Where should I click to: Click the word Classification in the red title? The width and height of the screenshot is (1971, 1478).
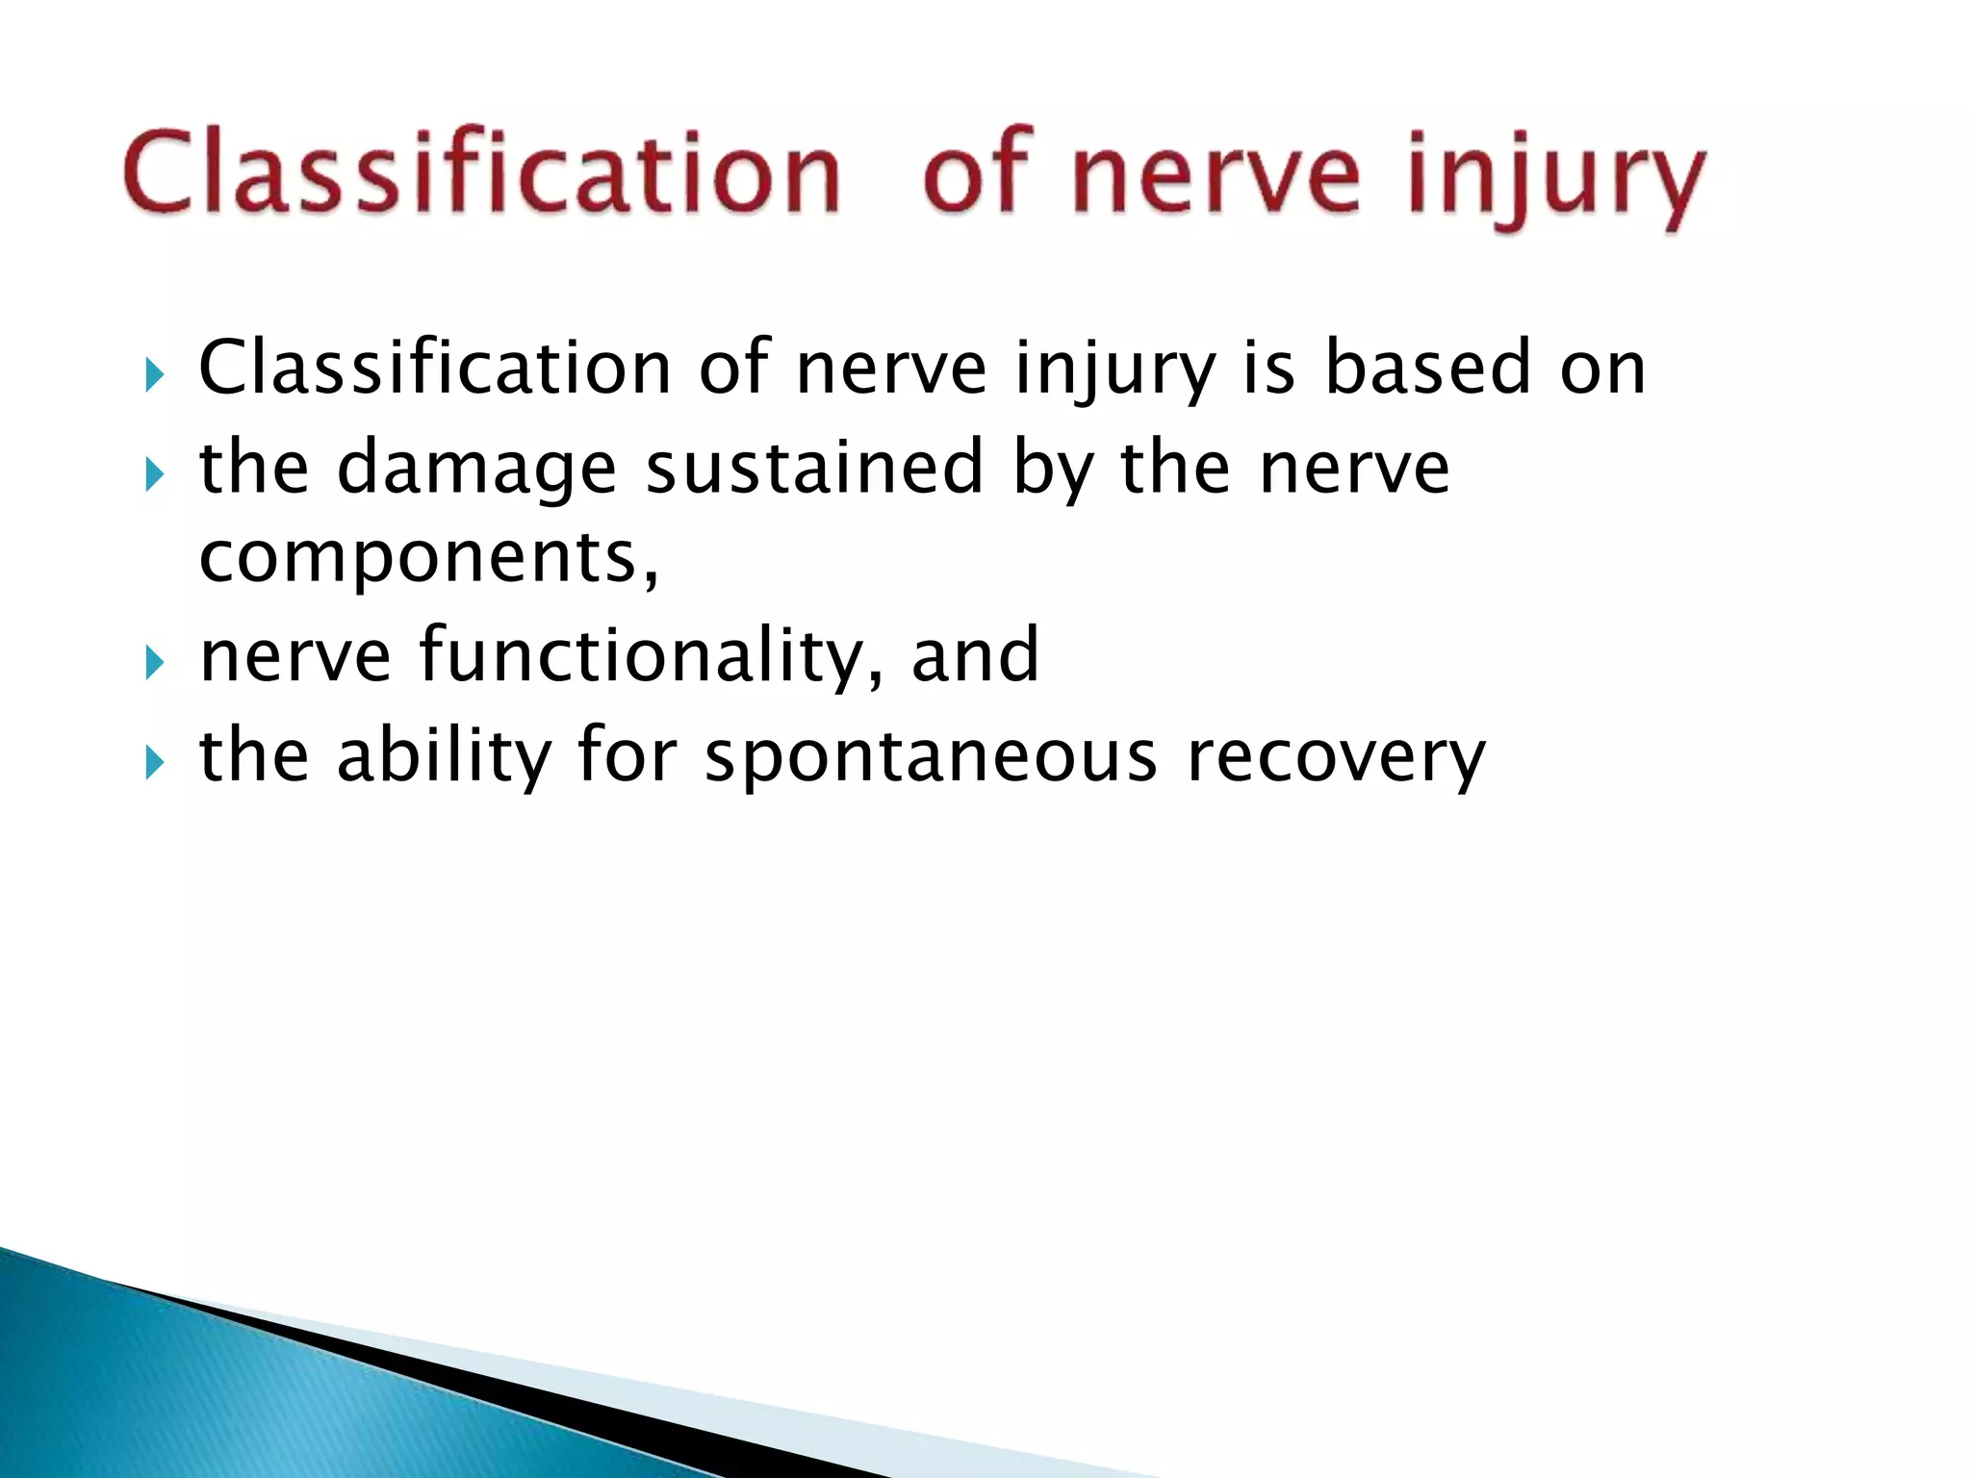coord(481,173)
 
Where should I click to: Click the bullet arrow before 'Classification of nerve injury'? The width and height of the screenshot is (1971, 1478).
coord(154,374)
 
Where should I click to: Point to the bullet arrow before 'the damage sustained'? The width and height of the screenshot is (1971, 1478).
coord(154,473)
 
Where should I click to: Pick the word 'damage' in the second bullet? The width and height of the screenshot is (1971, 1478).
coord(476,470)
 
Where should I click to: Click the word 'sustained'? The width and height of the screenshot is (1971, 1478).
coord(814,468)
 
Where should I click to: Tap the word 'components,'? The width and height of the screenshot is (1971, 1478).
coord(429,558)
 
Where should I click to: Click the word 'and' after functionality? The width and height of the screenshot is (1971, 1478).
coord(975,655)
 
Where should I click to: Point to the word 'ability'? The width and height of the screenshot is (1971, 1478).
coord(444,756)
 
